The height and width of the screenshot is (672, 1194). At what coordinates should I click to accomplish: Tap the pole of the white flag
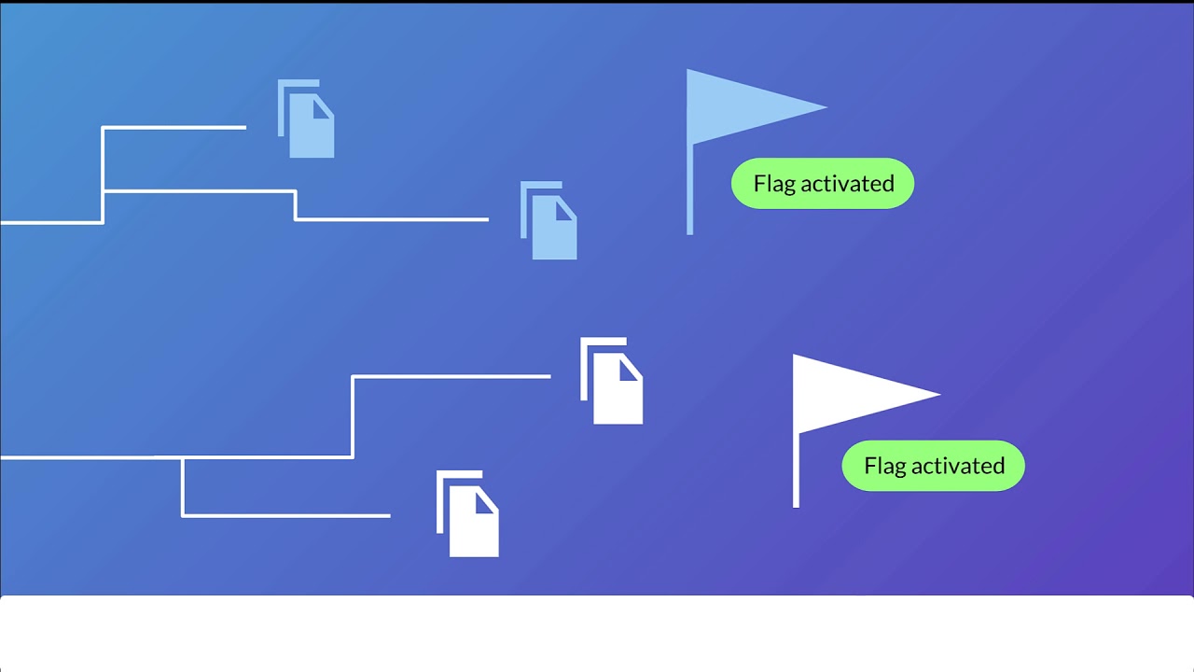[x=796, y=471]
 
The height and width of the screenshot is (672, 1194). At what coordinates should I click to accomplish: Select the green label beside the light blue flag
[x=822, y=183]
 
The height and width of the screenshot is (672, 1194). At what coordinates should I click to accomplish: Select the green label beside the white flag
[x=933, y=466]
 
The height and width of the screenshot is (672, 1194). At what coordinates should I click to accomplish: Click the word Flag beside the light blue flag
[x=774, y=183]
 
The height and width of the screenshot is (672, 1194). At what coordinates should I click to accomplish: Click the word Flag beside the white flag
[x=884, y=466]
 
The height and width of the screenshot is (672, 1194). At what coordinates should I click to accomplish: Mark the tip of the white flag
[x=938, y=394]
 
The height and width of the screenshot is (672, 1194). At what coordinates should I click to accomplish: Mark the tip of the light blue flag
[x=826, y=107]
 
